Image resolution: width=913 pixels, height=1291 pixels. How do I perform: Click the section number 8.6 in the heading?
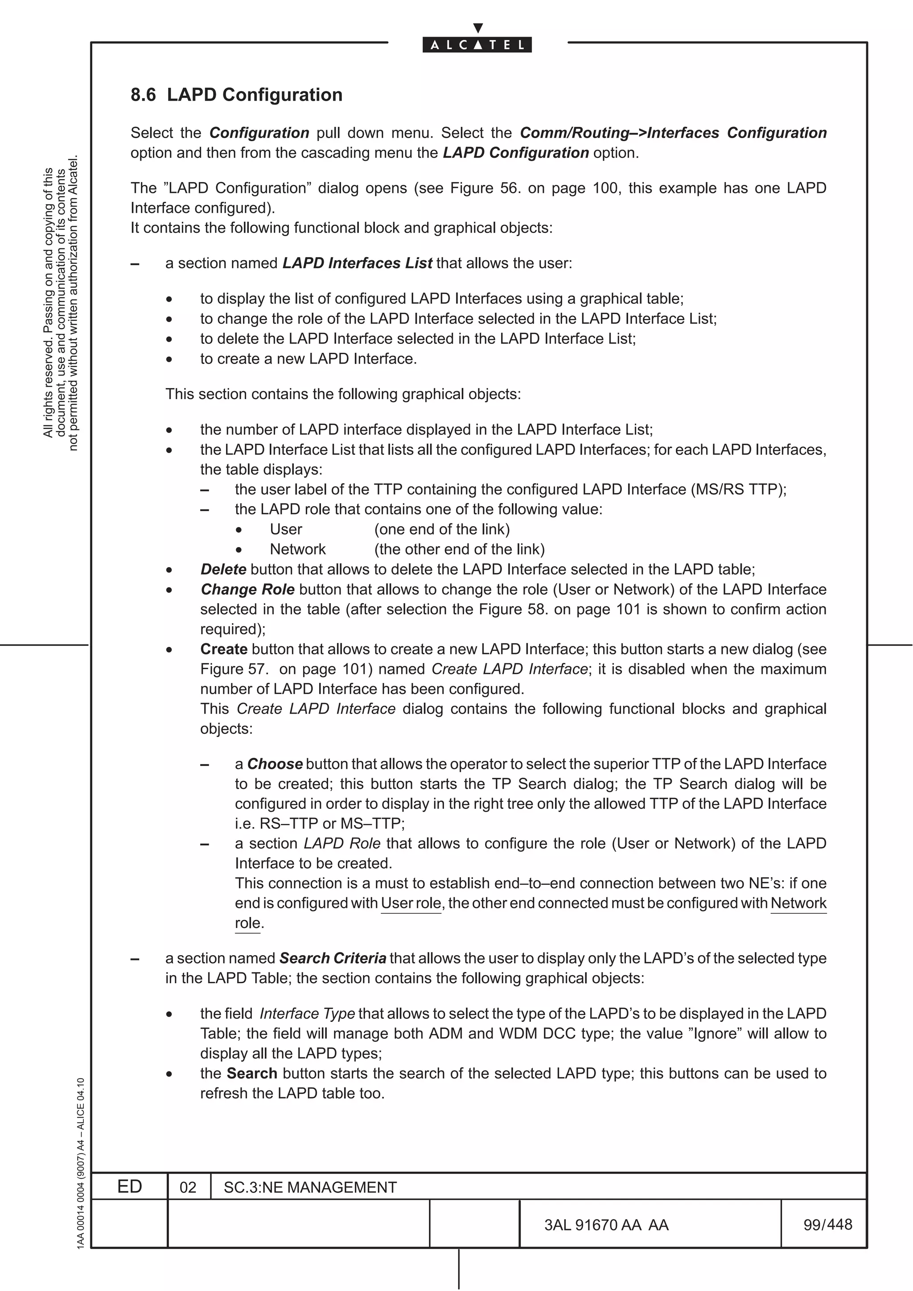point(143,95)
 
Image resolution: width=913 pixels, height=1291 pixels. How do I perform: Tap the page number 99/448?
point(827,1224)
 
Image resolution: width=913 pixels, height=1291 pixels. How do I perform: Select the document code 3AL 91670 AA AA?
point(606,1225)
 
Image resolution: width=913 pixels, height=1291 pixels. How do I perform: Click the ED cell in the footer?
point(129,1186)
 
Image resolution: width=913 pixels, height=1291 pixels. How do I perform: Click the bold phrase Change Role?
point(247,589)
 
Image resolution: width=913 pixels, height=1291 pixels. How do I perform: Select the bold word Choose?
point(275,764)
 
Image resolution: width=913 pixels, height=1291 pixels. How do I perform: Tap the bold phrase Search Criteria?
point(333,958)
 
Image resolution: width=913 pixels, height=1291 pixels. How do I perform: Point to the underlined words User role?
point(411,903)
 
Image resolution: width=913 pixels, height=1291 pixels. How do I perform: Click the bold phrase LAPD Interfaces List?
point(357,263)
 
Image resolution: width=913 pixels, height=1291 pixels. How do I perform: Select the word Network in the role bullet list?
point(298,549)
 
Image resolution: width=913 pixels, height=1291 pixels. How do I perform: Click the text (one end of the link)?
point(442,529)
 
